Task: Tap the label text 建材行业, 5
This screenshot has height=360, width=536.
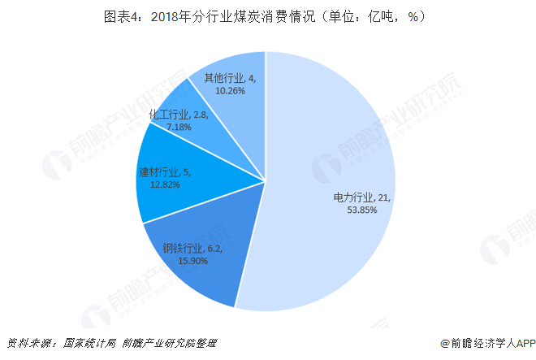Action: point(166,171)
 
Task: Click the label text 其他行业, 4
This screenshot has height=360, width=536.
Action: point(231,79)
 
